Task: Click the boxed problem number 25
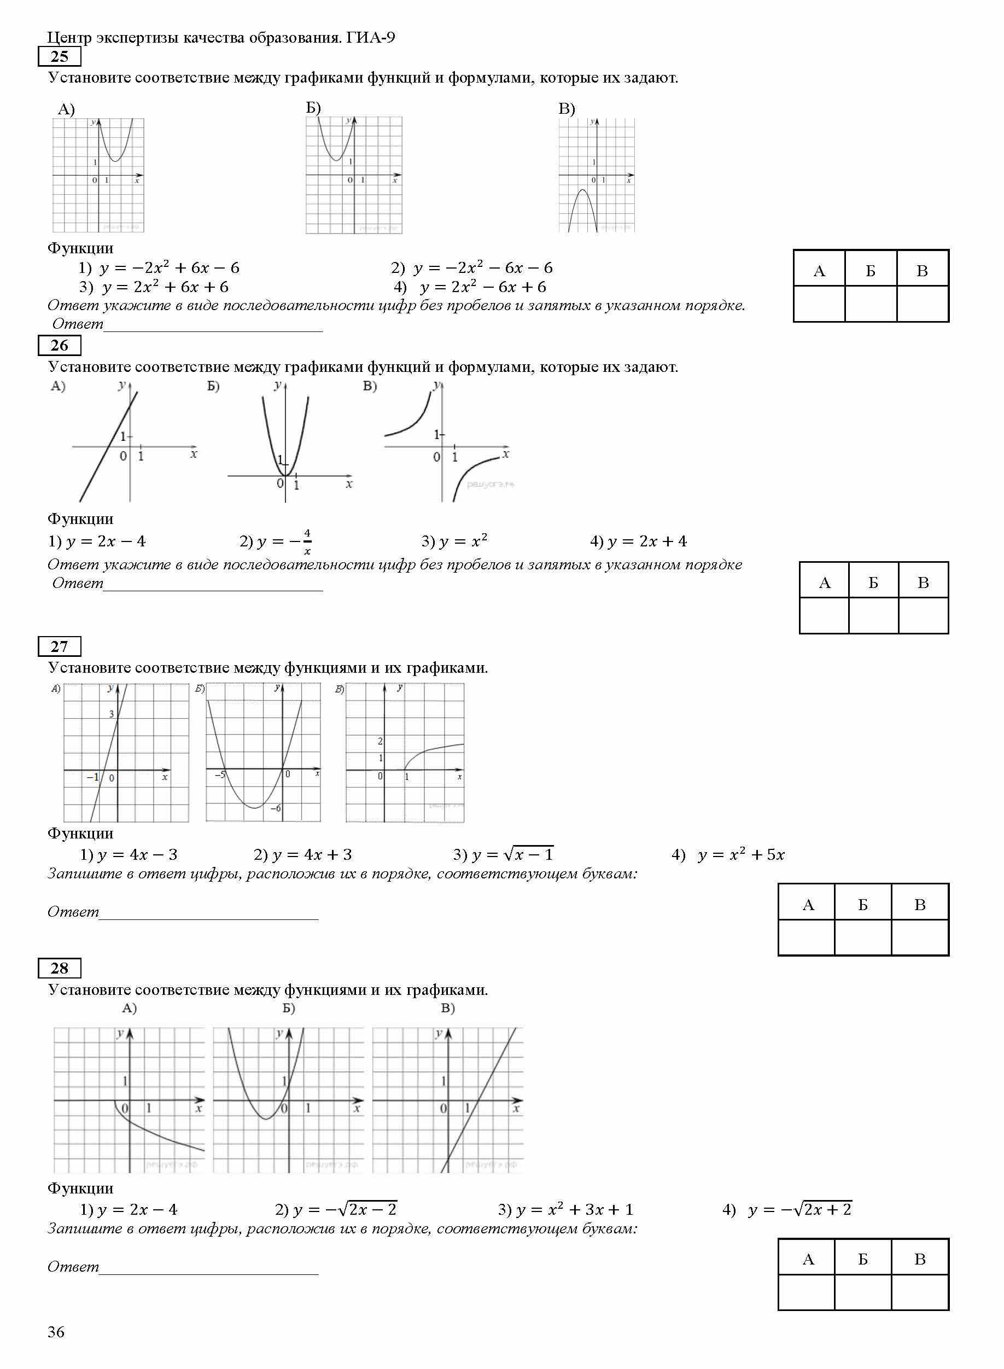tap(59, 56)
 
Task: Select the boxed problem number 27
tap(59, 646)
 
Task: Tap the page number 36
tap(56, 1331)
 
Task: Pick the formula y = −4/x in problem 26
tap(276, 541)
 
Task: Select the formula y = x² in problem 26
tap(454, 541)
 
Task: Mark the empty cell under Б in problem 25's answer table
tap(870, 304)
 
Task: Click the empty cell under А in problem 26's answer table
tap(824, 615)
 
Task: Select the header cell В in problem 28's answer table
tap(920, 1259)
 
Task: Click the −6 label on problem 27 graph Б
tap(275, 808)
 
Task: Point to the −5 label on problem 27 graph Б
tap(219, 774)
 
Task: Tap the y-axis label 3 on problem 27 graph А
tap(111, 714)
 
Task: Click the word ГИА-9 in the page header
tap(371, 38)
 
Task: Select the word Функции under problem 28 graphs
tap(80, 1188)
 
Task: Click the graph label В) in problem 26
tap(370, 386)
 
